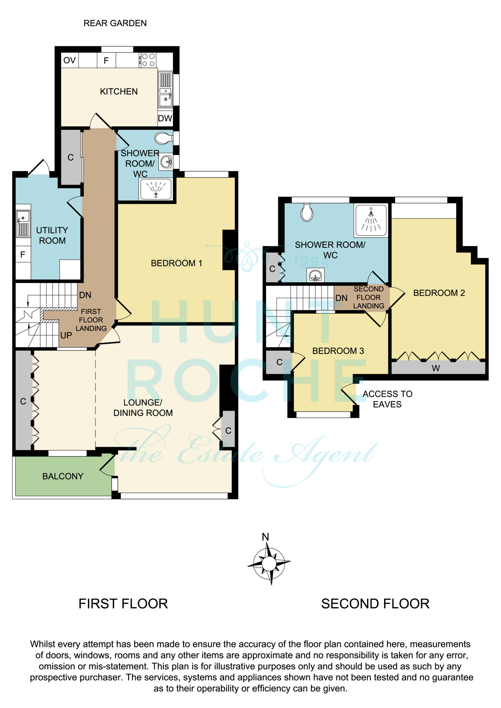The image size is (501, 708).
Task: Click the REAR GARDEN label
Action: tap(115, 23)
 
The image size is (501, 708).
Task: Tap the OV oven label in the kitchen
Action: tap(69, 60)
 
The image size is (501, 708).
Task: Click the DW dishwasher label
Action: tap(165, 118)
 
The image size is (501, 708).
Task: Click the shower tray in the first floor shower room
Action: tap(156, 189)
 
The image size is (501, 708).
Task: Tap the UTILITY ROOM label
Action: tap(52, 235)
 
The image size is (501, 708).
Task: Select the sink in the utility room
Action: tap(23, 223)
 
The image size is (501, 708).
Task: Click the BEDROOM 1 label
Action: tap(176, 263)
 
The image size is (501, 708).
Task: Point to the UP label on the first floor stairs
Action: tap(66, 335)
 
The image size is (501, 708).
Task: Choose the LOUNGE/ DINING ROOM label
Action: tap(143, 407)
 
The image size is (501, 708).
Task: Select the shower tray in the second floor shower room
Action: tap(371, 221)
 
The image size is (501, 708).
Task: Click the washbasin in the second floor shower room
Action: tap(316, 275)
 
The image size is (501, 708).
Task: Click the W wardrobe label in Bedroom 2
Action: tap(436, 368)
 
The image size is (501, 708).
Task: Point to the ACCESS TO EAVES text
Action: tap(388, 399)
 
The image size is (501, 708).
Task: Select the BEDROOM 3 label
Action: tap(338, 351)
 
